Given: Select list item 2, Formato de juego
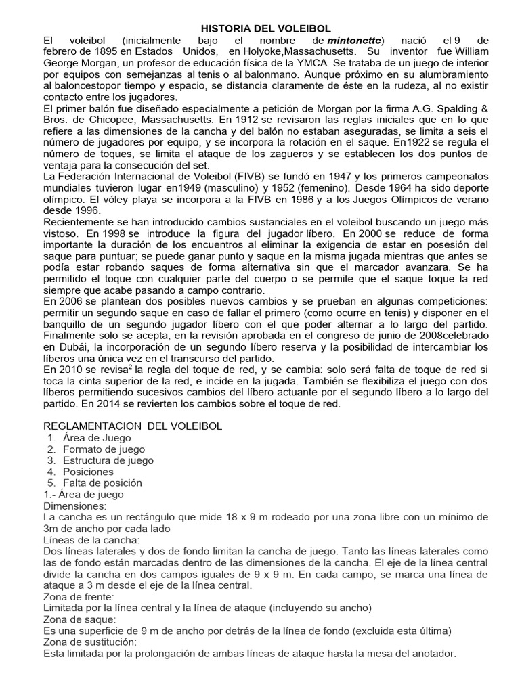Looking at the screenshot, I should click(103, 449).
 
